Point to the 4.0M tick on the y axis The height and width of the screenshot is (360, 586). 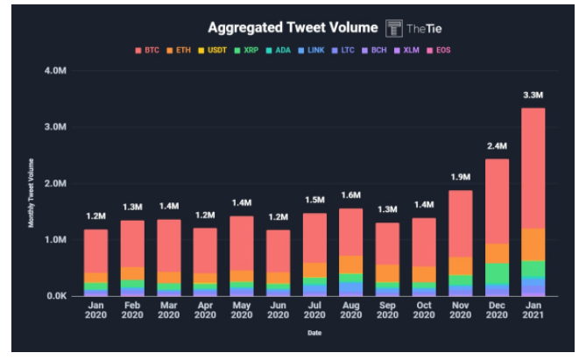56,70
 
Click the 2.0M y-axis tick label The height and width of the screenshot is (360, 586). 56,183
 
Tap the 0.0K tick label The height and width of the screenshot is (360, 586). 56,296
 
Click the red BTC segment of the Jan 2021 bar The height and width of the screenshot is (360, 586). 533,166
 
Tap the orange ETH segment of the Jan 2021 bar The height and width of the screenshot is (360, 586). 533,244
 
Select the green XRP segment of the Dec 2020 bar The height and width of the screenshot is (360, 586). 497,273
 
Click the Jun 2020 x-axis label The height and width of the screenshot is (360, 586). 279,312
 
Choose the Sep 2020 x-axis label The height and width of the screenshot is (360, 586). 387,312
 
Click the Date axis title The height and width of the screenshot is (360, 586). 314,333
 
